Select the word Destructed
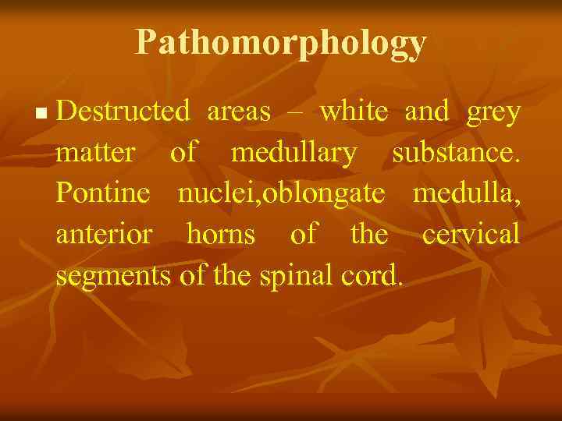(x=123, y=112)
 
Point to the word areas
(x=239, y=112)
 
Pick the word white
(x=354, y=112)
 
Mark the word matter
(x=94, y=154)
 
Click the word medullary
(x=293, y=154)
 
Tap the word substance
(x=456, y=154)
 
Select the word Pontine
(x=103, y=193)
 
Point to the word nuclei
(x=210, y=193)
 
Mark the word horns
(x=220, y=234)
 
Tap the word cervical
(x=471, y=234)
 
